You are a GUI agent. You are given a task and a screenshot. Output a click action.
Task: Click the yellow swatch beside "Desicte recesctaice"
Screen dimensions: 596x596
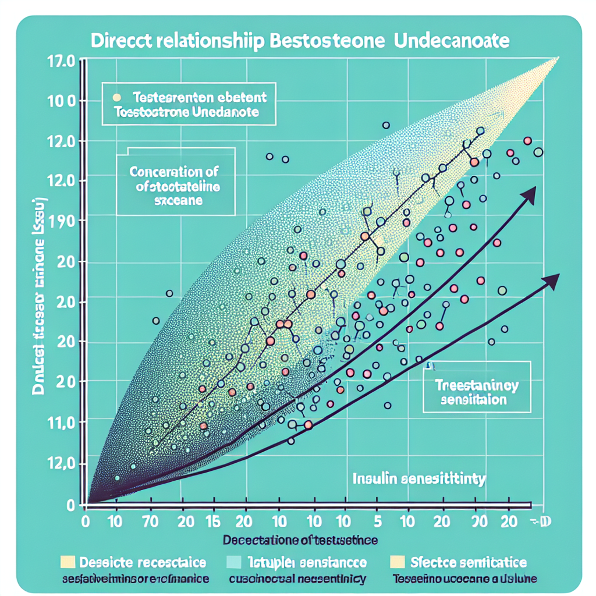tap(68, 562)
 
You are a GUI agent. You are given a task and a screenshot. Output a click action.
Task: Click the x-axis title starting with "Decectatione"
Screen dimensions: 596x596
tap(300, 540)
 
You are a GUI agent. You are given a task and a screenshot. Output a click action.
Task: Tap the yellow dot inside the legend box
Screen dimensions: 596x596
tap(117, 98)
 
